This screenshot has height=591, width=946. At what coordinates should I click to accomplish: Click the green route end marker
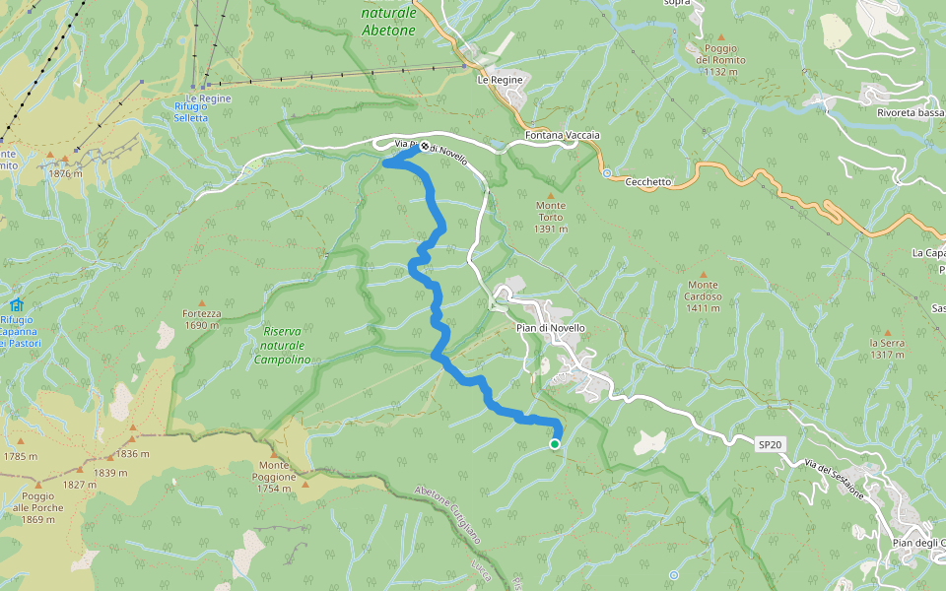(555, 444)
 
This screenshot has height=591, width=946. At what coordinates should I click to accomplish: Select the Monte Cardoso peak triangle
(704, 274)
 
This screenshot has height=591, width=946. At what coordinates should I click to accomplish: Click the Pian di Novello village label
(551, 328)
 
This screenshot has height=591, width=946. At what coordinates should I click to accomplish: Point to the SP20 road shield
(771, 445)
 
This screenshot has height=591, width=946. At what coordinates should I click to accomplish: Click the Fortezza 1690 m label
(201, 319)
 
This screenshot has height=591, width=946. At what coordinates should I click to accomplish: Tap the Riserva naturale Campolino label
(283, 346)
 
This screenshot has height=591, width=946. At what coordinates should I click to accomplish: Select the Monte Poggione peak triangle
(305, 485)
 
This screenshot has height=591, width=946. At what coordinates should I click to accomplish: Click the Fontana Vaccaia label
(563, 135)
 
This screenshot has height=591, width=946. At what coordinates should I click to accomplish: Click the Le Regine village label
(497, 79)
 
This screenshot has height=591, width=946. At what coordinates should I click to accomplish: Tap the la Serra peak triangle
(886, 333)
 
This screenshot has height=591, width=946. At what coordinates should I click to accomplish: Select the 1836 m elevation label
(132, 454)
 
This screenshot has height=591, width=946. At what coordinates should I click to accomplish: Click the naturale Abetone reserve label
(388, 22)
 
